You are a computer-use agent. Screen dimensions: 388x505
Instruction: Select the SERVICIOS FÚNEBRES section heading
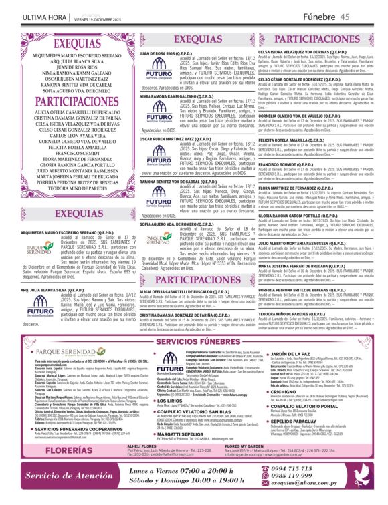[x=194, y=341]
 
